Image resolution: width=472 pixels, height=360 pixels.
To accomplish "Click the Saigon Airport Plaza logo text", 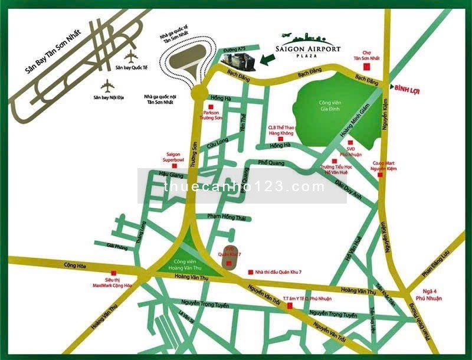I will point(308,50).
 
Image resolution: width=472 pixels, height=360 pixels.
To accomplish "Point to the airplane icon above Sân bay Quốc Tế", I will point(131,57).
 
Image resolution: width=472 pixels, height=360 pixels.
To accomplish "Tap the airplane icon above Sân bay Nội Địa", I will point(107,86).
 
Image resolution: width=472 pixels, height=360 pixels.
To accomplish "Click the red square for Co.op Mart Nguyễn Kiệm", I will point(381,175).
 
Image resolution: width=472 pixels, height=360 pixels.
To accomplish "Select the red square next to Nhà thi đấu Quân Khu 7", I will point(251,266).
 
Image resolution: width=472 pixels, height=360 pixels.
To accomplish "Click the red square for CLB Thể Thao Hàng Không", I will point(281,139).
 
